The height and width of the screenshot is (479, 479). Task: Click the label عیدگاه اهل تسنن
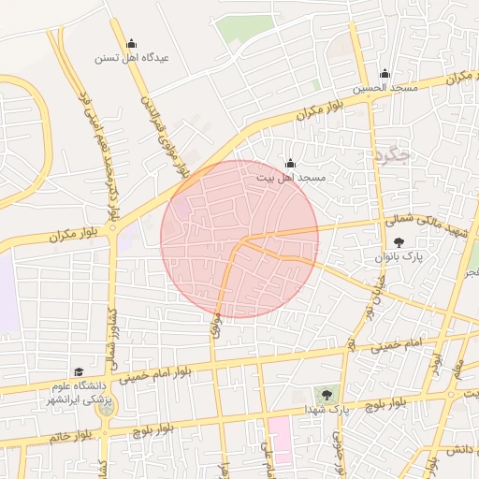(x=131, y=57)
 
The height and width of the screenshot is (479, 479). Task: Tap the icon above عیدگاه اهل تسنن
(x=131, y=43)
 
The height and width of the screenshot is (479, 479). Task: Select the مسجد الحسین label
(x=385, y=89)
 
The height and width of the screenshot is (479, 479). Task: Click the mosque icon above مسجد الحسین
(x=385, y=75)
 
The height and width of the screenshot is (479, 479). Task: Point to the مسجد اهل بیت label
(x=290, y=178)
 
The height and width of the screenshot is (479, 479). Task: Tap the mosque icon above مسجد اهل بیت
(x=290, y=164)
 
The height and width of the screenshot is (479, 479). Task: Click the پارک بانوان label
(x=399, y=256)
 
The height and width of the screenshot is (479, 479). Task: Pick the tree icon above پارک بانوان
(x=399, y=242)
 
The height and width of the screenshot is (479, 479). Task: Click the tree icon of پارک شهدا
(x=327, y=395)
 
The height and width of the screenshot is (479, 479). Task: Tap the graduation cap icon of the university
(x=78, y=372)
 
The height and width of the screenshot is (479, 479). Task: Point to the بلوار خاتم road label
(x=72, y=436)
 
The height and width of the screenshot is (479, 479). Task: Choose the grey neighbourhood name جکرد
(x=391, y=155)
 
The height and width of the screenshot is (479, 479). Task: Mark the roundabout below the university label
(x=106, y=408)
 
